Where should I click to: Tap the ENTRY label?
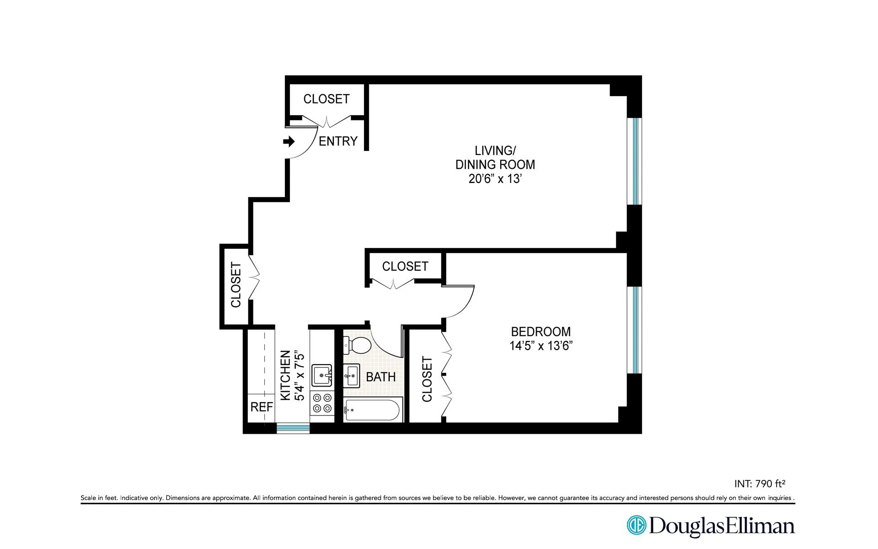tap(338, 141)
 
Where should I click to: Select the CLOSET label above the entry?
tap(326, 99)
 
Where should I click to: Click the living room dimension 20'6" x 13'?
tap(495, 179)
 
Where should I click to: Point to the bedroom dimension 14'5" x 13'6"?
tap(541, 346)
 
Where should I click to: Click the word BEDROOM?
tap(541, 332)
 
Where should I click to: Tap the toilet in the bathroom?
tap(357, 345)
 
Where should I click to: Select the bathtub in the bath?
tap(373, 410)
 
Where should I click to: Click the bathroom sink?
tap(351, 376)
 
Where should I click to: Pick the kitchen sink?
tap(321, 376)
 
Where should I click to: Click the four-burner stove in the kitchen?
tap(321, 403)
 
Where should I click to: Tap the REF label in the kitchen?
tap(262, 407)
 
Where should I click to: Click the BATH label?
tap(380, 377)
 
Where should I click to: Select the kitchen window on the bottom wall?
tap(293, 428)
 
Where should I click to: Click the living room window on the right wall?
tap(635, 161)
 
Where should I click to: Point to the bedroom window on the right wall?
tap(635, 330)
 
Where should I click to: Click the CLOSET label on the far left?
tap(236, 285)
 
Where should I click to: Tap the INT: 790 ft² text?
tap(760, 484)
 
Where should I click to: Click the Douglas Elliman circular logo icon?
tap(636, 525)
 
